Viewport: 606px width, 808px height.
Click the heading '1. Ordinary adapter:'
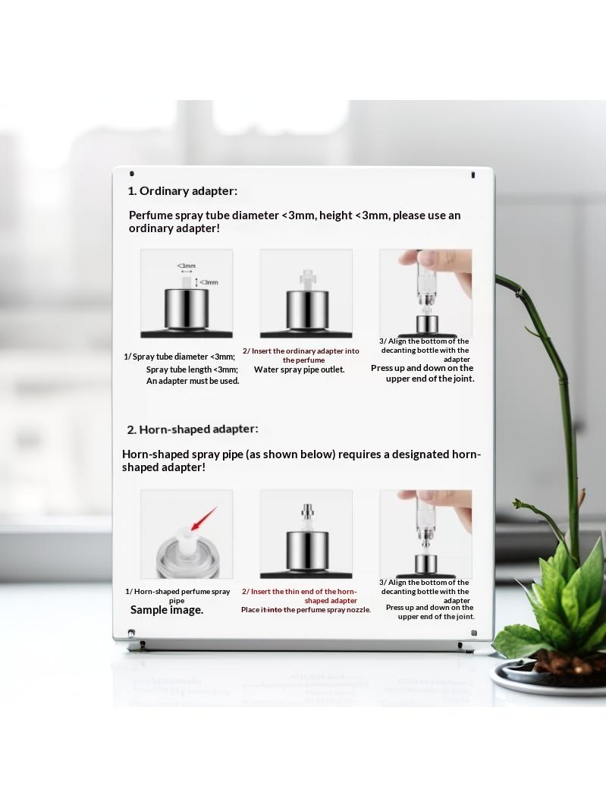pyautogui.click(x=183, y=191)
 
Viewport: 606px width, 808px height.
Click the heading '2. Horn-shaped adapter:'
pyautogui.click(x=192, y=429)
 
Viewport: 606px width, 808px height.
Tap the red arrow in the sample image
pyautogui.click(x=203, y=519)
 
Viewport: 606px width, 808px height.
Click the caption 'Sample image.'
pyautogui.click(x=166, y=610)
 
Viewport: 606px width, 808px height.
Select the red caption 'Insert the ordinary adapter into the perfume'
pyautogui.click(x=301, y=356)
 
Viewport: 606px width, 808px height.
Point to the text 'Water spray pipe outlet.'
pyautogui.click(x=300, y=369)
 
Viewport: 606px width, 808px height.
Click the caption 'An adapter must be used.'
pyautogui.click(x=193, y=382)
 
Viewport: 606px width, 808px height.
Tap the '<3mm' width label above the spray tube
pyautogui.click(x=187, y=266)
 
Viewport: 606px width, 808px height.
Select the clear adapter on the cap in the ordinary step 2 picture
pyautogui.click(x=306, y=278)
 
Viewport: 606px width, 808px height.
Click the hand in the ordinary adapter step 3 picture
pyautogui.click(x=454, y=273)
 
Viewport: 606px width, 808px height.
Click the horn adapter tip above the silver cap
pyautogui.click(x=307, y=517)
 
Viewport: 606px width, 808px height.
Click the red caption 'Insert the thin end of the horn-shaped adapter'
pyautogui.click(x=300, y=596)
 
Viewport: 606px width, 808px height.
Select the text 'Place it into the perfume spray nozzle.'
pyautogui.click(x=306, y=610)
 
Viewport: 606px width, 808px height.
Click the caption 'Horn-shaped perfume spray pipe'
pyautogui.click(x=177, y=596)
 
